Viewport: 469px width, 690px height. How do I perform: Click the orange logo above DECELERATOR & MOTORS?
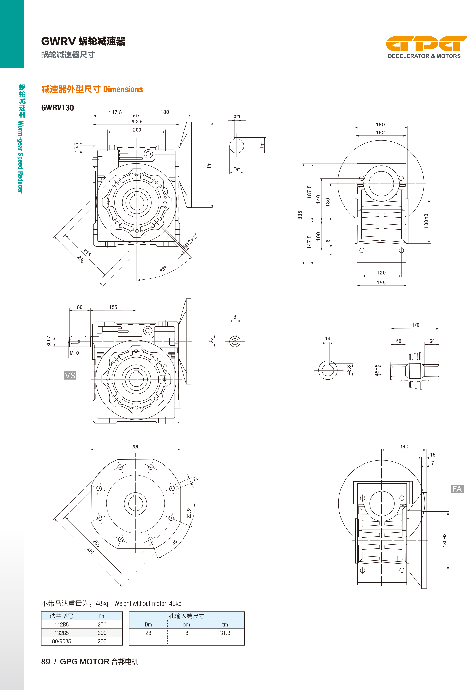tap(426, 44)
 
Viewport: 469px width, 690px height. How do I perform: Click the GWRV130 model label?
tap(58, 108)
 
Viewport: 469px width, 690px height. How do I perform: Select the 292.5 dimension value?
tap(137, 121)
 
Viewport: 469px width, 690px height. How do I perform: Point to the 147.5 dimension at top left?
tap(115, 112)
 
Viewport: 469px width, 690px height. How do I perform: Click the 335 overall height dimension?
tap(300, 215)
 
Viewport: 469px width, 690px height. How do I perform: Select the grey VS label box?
tap(70, 375)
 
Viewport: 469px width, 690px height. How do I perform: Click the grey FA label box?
tap(457, 489)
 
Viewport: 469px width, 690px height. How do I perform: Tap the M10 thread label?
tap(74, 353)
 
